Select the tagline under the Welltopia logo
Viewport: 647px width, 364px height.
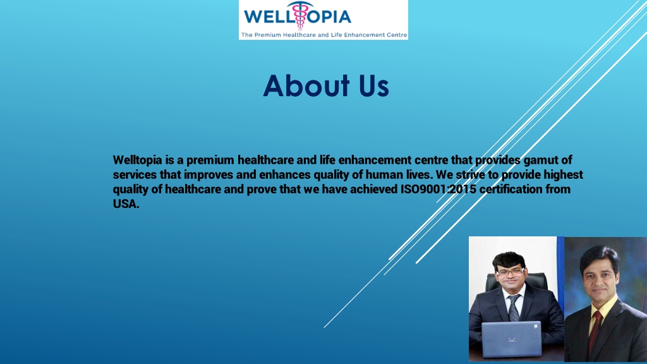323,35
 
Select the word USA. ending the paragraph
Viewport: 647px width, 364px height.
126,203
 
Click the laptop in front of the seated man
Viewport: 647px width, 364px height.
512,339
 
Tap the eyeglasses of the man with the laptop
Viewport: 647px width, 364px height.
511,271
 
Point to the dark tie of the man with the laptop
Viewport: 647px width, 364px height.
514,307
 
